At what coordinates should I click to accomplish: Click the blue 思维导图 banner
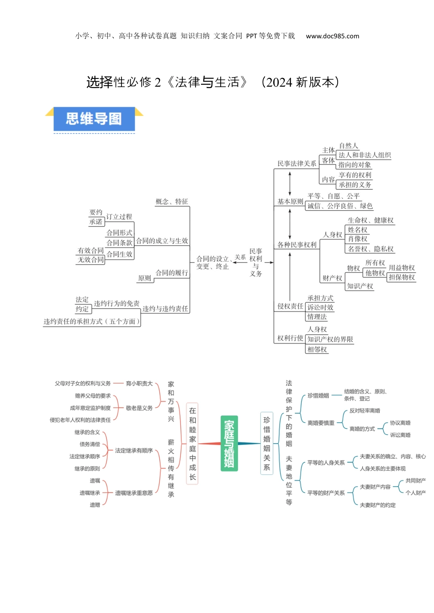(94, 119)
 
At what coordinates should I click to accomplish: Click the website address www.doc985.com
(332, 36)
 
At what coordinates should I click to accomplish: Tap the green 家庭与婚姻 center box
(229, 443)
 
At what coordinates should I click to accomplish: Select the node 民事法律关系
(296, 164)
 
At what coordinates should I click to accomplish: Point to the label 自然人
(349, 146)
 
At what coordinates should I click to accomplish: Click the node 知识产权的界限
(330, 339)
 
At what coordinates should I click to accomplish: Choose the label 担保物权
(402, 277)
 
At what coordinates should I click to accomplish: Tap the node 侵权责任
(290, 306)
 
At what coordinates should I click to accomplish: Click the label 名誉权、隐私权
(370, 249)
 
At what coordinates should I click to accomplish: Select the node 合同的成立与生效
(162, 241)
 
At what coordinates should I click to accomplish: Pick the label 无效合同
(90, 260)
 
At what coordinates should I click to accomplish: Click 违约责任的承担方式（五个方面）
(92, 322)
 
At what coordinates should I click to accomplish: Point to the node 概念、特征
(171, 202)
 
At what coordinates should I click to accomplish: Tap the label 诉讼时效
(320, 308)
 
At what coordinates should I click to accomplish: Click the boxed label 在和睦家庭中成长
(192, 444)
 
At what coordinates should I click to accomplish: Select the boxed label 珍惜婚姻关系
(267, 443)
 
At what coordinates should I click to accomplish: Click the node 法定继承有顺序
(134, 451)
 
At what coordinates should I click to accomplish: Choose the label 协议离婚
(400, 423)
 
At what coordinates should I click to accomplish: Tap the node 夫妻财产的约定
(377, 505)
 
